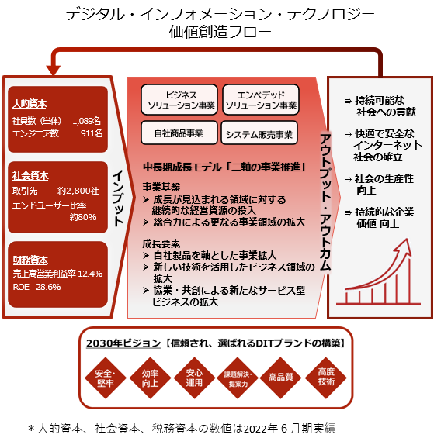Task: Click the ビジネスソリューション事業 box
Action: point(179,100)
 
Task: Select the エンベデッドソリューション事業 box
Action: point(261,100)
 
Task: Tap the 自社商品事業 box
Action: point(179,133)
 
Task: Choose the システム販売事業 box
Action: point(259,133)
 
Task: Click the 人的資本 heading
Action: point(30,104)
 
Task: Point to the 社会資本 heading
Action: point(30,176)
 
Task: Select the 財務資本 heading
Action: point(30,260)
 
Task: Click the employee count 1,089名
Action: point(86,121)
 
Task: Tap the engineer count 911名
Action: point(92,133)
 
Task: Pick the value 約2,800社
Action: point(78,191)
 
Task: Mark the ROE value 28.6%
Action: point(48,287)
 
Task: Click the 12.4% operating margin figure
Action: point(90,274)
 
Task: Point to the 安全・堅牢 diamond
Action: point(106,378)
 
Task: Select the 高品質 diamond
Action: point(280,378)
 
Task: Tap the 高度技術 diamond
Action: point(326,378)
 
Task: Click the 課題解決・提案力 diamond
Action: point(238,378)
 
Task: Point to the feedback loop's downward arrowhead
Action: point(53,70)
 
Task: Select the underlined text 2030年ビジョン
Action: point(123,343)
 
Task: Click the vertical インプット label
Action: point(118,198)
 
